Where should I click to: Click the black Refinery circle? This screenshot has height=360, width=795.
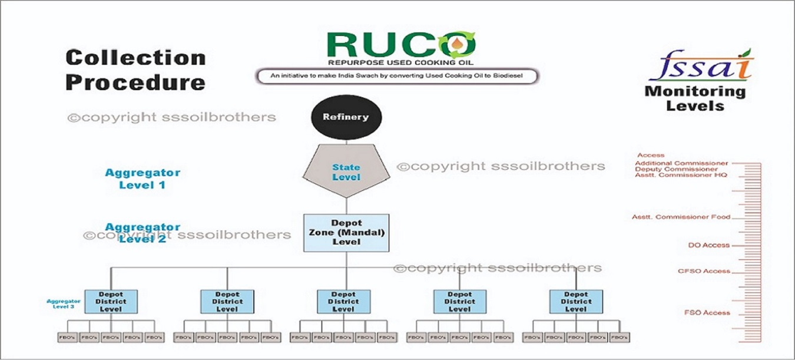coord(346,117)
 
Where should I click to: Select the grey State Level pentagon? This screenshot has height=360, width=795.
coord(346,171)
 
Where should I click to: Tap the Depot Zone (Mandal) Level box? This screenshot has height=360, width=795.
coord(346,233)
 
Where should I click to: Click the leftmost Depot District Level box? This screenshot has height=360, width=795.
coord(111,301)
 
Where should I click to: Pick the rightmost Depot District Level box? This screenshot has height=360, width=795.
coord(576,301)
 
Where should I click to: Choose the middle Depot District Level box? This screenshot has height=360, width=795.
coord(343,301)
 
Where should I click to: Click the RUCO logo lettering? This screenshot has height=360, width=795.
coord(400,45)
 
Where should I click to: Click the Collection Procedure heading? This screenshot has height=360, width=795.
coord(135,70)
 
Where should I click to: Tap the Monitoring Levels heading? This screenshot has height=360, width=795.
coord(695,99)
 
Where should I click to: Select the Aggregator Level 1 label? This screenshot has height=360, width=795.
coord(143,179)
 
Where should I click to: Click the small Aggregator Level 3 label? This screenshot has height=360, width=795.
coord(61,303)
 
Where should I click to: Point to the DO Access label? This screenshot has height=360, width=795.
coord(708,245)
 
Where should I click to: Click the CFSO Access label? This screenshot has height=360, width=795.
coord(704,272)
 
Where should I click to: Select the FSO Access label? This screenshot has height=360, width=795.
coord(707,312)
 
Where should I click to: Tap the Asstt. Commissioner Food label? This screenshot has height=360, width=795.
coord(681,217)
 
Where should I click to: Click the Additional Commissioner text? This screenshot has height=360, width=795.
coord(681,163)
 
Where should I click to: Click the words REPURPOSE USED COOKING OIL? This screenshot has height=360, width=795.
coord(400,62)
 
